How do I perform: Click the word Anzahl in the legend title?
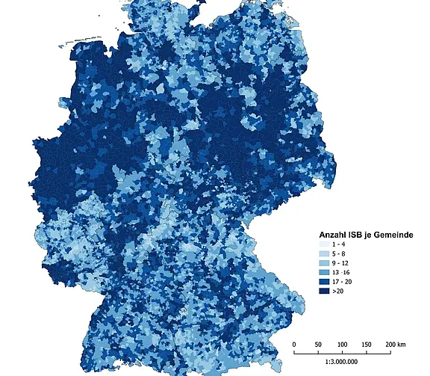335,235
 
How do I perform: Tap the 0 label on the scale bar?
294,344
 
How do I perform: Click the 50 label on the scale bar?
318,344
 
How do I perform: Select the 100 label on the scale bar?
342,344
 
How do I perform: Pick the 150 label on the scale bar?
366,344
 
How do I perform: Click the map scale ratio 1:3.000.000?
342,363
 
